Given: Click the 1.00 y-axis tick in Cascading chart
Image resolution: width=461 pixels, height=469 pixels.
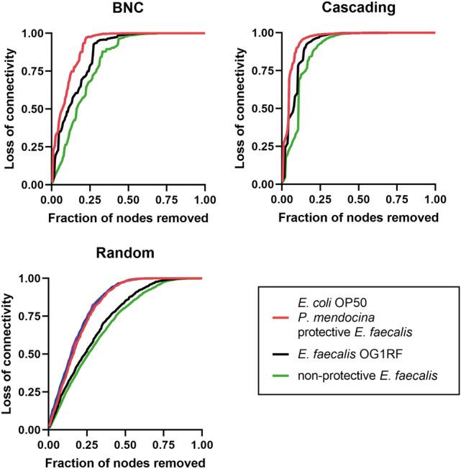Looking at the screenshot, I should (263, 33).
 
